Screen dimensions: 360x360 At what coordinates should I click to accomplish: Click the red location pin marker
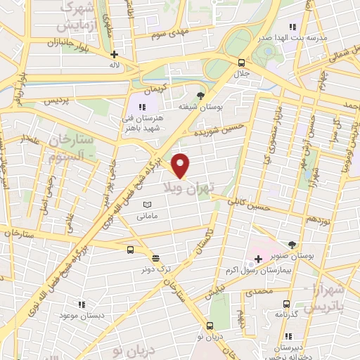point(181,165)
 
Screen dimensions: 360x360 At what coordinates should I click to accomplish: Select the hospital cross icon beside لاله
point(115,53)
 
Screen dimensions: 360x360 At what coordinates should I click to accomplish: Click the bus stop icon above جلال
point(241,62)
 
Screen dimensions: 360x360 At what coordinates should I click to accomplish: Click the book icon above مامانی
point(146,205)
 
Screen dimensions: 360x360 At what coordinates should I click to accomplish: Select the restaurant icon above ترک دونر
point(155,257)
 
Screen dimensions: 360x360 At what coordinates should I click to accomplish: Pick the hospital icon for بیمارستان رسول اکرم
point(259,259)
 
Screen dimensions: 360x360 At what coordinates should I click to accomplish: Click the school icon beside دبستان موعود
point(82,304)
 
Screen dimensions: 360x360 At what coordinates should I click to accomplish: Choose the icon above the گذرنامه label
point(285,304)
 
